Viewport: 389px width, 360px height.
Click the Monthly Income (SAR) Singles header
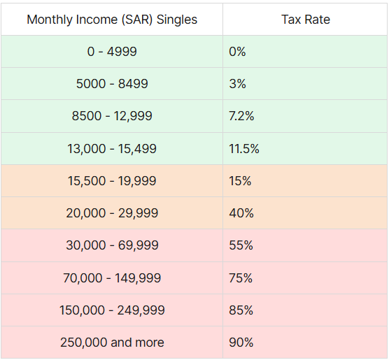tap(112, 20)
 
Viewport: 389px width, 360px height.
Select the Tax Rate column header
tap(306, 20)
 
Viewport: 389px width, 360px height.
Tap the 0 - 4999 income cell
tap(112, 52)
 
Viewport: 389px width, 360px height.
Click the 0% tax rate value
tap(237, 52)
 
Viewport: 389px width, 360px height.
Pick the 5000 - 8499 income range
tap(112, 84)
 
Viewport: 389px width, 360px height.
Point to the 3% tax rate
tap(237, 84)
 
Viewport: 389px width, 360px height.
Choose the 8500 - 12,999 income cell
tap(112, 116)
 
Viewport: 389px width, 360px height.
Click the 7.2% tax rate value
tap(241, 116)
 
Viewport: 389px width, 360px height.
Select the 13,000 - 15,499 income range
tap(112, 149)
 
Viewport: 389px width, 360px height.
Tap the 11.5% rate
tap(244, 149)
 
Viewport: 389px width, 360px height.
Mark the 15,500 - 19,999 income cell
tap(112, 181)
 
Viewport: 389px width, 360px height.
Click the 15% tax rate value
tap(240, 181)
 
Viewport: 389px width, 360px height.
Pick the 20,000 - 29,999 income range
tap(112, 213)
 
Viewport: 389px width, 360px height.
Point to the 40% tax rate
tap(241, 213)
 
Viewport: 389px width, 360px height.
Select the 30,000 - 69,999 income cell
tap(112, 245)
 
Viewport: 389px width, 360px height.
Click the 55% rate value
tap(241, 245)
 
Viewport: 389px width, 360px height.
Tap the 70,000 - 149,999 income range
tap(112, 278)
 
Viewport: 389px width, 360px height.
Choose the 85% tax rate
tap(241, 310)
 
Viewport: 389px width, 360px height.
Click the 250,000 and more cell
tap(112, 343)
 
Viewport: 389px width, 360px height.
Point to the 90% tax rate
tap(241, 343)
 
